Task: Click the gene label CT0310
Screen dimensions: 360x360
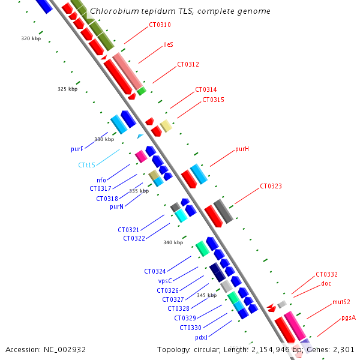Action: pos(160,25)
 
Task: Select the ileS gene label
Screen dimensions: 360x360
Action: pos(169,45)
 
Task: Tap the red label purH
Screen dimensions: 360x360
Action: pos(242,149)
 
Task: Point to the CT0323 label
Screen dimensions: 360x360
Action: pos(271,187)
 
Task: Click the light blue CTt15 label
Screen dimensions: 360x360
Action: pos(87,165)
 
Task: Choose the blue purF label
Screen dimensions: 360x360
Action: pos(77,149)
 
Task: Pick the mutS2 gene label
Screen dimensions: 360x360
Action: pos(341,302)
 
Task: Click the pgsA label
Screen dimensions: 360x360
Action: pos(349,317)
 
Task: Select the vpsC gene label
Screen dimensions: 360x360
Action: pos(165,281)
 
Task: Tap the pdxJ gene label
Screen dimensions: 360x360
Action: pos(201,337)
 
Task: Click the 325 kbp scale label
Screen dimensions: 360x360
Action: pos(68,89)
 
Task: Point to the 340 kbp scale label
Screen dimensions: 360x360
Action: pos(173,243)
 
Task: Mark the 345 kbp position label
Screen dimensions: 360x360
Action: pos(207,296)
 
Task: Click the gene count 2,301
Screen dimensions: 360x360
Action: pos(343,349)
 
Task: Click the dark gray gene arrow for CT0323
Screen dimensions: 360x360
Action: pos(223,211)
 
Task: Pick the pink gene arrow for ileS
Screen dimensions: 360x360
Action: pos(127,70)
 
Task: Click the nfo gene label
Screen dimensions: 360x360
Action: pos(101,180)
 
